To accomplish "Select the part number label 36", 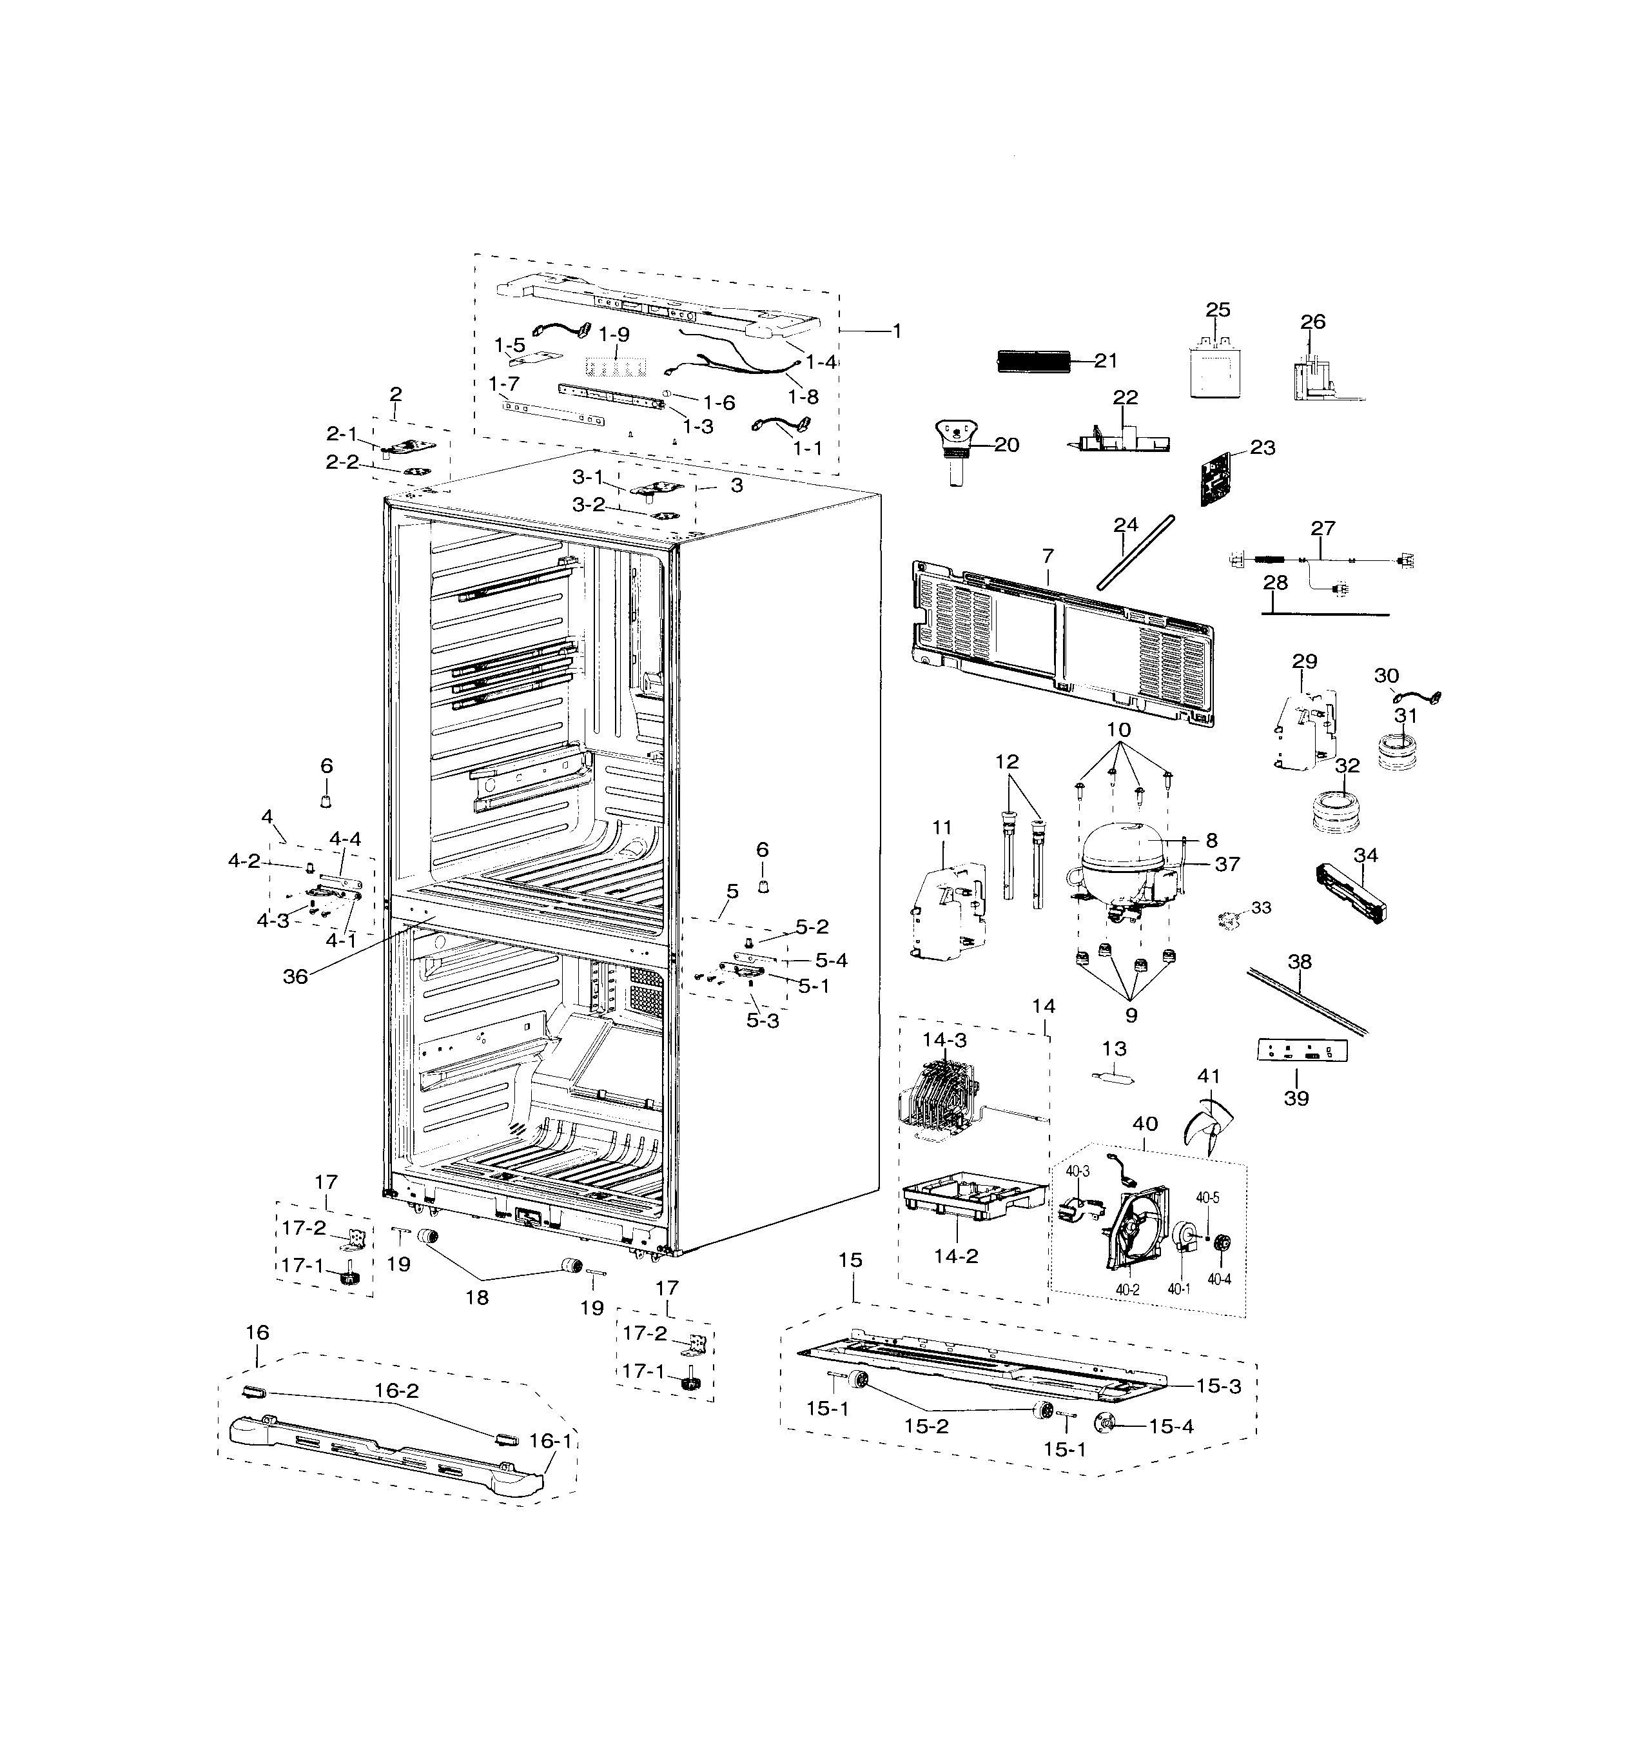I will (295, 976).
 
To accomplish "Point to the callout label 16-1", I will (550, 1441).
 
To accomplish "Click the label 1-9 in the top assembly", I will (614, 335).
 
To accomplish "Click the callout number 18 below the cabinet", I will (477, 1297).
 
